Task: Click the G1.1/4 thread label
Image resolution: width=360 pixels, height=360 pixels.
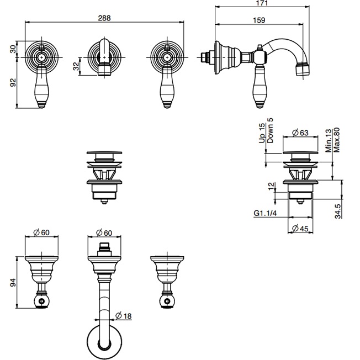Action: coord(263,212)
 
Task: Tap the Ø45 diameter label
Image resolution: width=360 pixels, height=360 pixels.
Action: coord(301,229)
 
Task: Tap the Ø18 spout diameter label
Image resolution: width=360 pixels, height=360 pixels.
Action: coord(125,316)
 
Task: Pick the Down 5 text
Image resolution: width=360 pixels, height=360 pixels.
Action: coord(271,130)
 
